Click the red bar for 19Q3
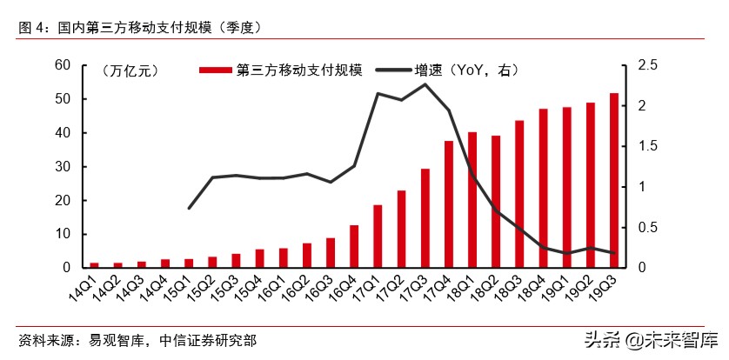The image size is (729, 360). [614, 180]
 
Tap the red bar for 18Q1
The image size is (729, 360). [472, 200]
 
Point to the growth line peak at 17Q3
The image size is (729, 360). [425, 84]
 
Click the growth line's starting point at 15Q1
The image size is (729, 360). [189, 208]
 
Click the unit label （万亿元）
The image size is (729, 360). [130, 70]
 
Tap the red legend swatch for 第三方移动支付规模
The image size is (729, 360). [217, 70]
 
